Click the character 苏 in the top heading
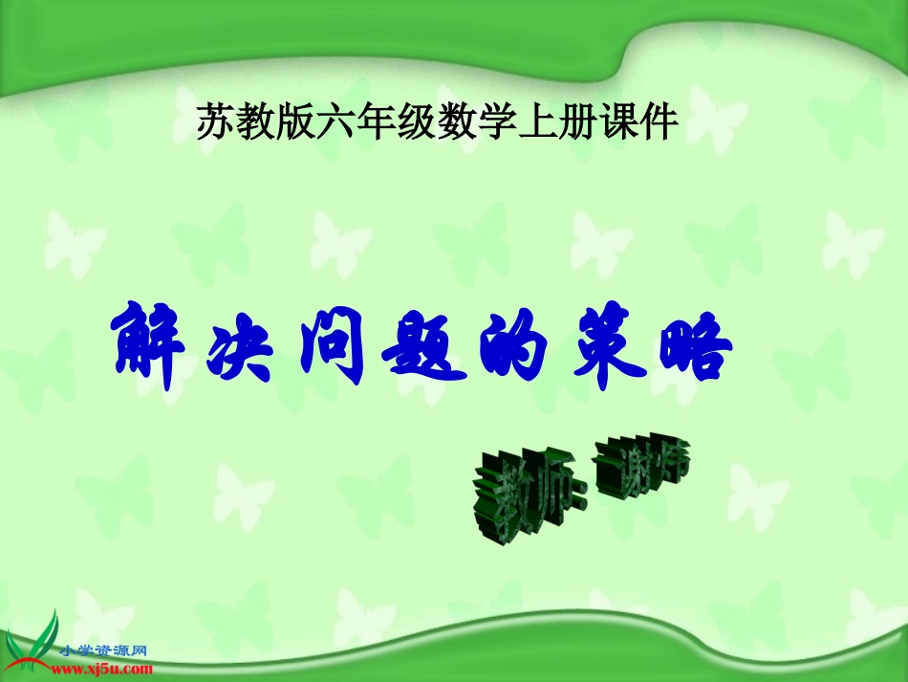coord(214,122)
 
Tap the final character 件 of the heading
coord(661,122)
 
